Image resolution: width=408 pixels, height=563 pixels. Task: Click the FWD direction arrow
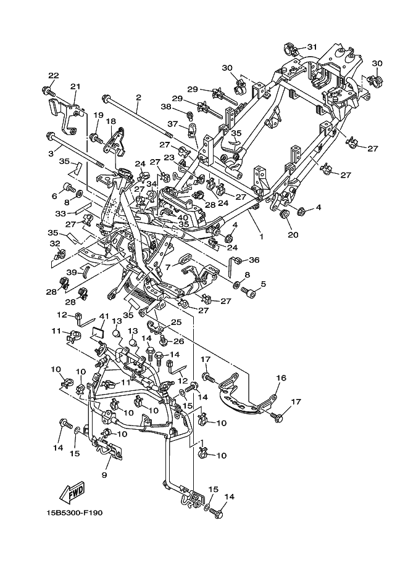pyautogui.click(x=72, y=492)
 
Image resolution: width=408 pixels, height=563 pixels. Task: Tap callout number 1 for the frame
pyautogui.click(x=261, y=237)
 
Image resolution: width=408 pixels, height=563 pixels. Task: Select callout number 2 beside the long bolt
pyautogui.click(x=138, y=97)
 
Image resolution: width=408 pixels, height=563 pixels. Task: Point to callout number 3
pyautogui.click(x=51, y=153)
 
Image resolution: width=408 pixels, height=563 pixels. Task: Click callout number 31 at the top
pyautogui.click(x=312, y=47)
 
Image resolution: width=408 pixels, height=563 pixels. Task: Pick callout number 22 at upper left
pyautogui.click(x=53, y=75)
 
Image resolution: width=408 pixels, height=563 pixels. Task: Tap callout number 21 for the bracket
pyautogui.click(x=75, y=86)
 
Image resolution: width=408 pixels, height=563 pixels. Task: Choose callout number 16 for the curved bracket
pyautogui.click(x=281, y=378)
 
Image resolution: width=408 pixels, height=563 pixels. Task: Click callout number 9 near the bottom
pyautogui.click(x=104, y=475)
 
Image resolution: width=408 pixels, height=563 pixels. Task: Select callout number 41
pyautogui.click(x=104, y=316)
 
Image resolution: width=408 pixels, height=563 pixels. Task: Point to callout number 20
pyautogui.click(x=293, y=234)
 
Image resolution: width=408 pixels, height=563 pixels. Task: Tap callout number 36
pyautogui.click(x=254, y=260)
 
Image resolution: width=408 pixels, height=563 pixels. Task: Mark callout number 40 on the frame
pyautogui.click(x=183, y=217)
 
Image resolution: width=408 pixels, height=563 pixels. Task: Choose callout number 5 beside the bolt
pyautogui.click(x=264, y=284)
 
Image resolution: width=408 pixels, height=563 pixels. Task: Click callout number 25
pyautogui.click(x=177, y=322)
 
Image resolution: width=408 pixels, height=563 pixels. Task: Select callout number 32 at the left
pyautogui.click(x=55, y=244)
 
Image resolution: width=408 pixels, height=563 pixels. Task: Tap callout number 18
pyautogui.click(x=110, y=121)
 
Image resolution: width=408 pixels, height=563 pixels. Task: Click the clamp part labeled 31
pyautogui.click(x=291, y=49)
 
